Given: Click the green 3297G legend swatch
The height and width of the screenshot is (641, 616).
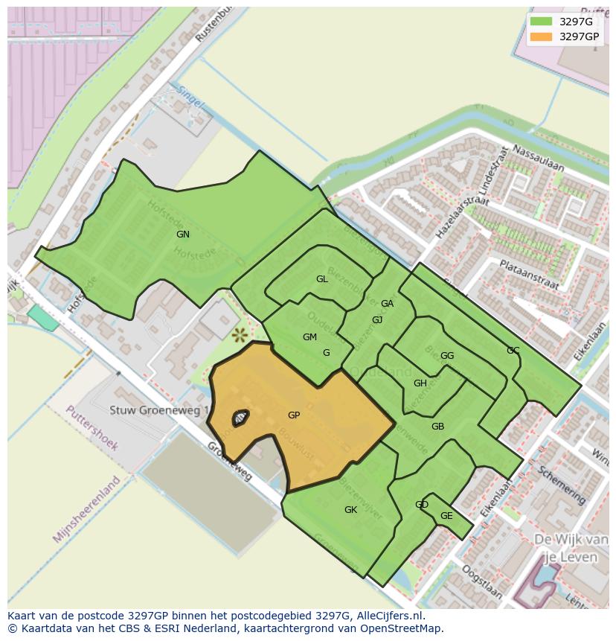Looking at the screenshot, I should click(541, 22).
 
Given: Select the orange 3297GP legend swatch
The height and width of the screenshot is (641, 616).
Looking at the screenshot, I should click(541, 36).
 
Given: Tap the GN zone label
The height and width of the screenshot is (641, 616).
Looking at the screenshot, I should click(183, 235).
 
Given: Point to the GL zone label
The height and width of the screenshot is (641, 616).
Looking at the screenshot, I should click(322, 279).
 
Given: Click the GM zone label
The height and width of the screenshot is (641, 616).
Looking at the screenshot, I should click(309, 337).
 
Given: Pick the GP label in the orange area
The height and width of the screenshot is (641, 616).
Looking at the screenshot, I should click(294, 415).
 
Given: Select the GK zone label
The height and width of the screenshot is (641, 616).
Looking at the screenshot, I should click(350, 510).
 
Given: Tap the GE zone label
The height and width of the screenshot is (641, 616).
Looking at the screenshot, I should click(446, 516).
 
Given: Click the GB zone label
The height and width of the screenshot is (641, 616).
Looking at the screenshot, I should click(437, 427).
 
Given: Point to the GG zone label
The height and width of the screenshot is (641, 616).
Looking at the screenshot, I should click(447, 356).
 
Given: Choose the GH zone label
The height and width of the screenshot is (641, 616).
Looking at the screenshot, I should click(420, 383).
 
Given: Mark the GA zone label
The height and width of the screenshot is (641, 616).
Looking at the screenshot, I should click(387, 304).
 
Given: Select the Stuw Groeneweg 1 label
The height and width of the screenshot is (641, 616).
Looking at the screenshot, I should click(159, 410).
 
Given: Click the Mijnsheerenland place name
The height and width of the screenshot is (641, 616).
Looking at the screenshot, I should click(87, 508).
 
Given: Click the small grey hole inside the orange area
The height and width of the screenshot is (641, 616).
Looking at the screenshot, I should click(240, 418).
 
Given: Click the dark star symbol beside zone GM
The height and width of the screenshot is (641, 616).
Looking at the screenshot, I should click(240, 335).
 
